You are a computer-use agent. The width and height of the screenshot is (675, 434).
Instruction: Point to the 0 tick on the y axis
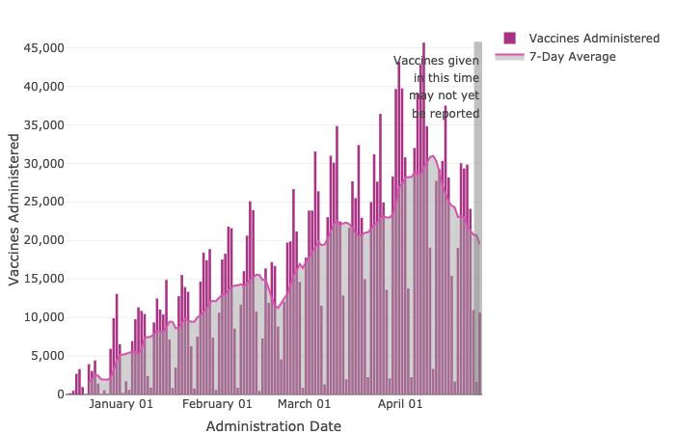[x=59, y=394]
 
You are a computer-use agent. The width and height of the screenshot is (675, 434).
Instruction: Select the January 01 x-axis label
[x=121, y=405]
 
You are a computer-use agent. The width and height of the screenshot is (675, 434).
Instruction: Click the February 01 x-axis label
[x=217, y=405]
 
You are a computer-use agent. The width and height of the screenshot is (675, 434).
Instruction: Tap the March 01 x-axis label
[x=304, y=405]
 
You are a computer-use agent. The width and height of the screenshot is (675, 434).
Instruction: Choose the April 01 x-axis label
[x=399, y=405]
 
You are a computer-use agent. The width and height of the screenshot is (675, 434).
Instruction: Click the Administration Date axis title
[x=273, y=426]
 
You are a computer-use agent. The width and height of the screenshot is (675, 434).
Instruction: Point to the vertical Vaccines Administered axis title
[x=14, y=209]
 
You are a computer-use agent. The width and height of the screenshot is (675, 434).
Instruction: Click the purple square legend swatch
[x=509, y=38]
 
